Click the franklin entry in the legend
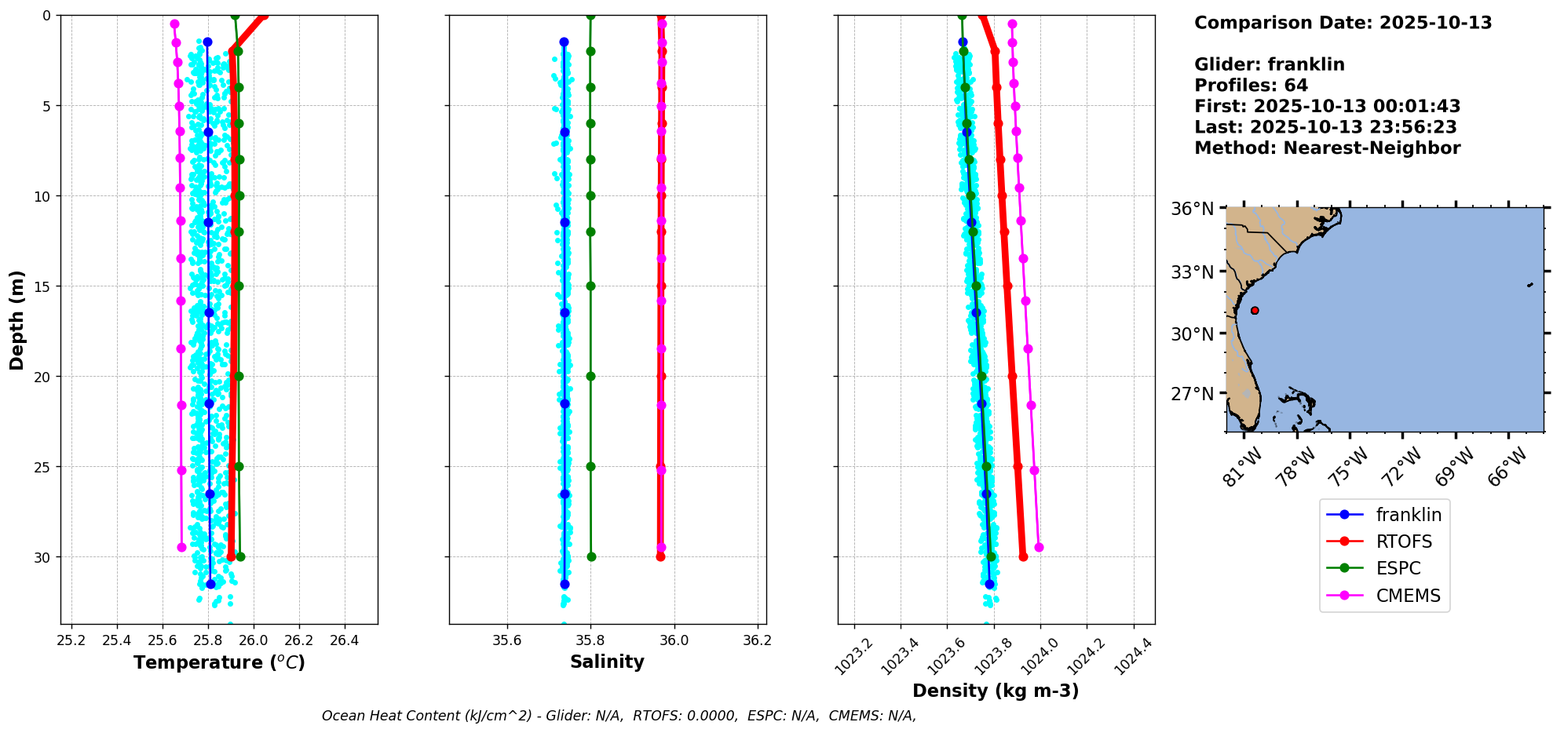(1408, 515)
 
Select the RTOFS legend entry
(1403, 542)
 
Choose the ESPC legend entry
(1398, 568)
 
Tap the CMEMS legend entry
(1408, 596)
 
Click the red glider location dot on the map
(1255, 311)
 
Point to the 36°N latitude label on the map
(1192, 209)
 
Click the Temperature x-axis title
(219, 662)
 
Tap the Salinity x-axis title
(607, 662)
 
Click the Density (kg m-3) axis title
(996, 691)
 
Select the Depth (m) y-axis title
(17, 320)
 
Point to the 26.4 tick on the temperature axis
(344, 640)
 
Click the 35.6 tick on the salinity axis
(506, 640)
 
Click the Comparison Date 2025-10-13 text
(1343, 23)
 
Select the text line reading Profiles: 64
(1251, 86)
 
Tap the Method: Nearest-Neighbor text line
(1327, 148)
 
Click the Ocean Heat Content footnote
(619, 716)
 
